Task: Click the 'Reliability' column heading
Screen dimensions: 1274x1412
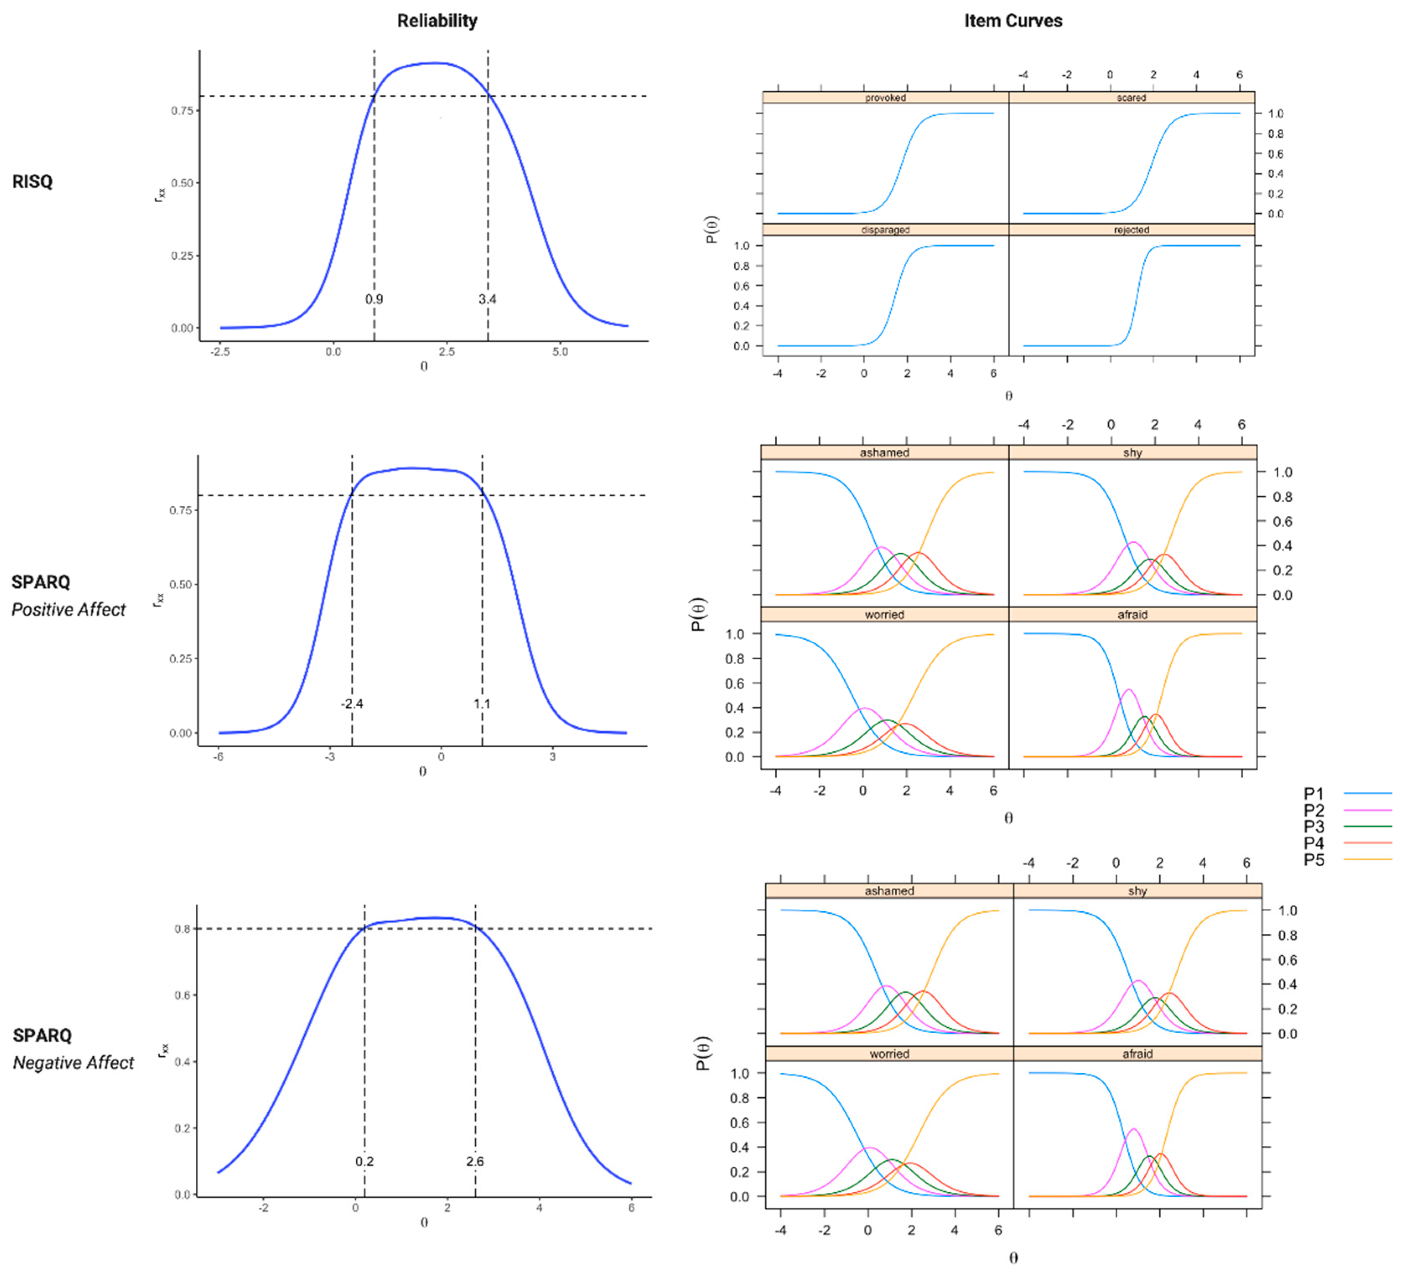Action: [437, 21]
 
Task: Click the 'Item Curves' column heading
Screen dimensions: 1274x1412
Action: [1013, 21]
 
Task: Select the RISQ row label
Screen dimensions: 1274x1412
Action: [32, 182]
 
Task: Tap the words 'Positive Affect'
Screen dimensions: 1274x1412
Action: [69, 610]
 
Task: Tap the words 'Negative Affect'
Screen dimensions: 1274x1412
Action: [73, 1063]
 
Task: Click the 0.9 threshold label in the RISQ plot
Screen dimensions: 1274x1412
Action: [374, 299]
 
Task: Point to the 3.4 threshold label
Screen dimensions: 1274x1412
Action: [487, 299]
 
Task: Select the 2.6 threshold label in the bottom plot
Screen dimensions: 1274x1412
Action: [475, 1161]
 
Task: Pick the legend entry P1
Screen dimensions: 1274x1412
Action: [1314, 794]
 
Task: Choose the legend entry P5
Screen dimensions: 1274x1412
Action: [1314, 860]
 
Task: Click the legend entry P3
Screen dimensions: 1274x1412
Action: [1314, 827]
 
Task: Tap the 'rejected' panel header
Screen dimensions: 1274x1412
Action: [1131, 230]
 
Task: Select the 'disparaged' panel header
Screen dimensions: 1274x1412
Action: [885, 230]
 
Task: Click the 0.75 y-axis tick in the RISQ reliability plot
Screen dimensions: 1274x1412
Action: [182, 111]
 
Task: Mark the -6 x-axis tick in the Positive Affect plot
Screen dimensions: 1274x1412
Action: [218, 757]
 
